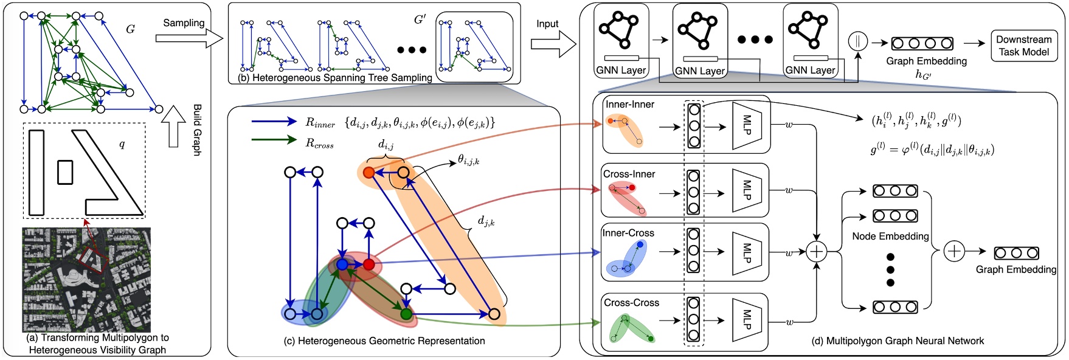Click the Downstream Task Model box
1023,46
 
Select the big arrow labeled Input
553,44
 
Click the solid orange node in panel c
368,173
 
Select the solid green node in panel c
406,314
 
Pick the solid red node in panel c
368,265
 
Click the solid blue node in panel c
342,265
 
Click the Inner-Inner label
630,105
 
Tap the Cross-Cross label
631,303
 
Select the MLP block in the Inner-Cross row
746,251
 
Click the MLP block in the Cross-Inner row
746,190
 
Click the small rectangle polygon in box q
65,172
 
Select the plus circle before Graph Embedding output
954,251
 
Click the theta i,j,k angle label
468,161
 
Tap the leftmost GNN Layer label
621,71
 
